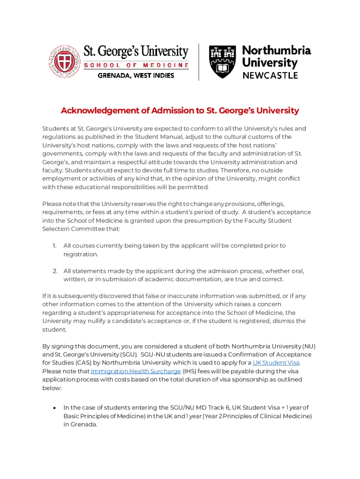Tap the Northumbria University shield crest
(222, 62)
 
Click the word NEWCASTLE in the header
(270, 75)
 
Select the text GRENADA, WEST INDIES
(136, 75)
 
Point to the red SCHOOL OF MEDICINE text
(136, 65)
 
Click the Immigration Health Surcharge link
(136, 371)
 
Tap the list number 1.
(54, 246)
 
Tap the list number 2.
(54, 271)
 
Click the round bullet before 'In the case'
(55, 407)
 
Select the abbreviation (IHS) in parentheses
(191, 371)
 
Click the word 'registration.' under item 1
(81, 254)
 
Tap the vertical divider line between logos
(199, 62)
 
